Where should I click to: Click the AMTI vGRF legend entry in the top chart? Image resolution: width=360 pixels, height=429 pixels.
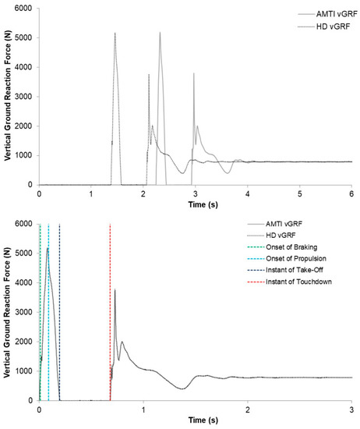tap(322, 14)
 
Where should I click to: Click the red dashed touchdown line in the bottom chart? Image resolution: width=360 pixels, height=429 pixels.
tap(110, 312)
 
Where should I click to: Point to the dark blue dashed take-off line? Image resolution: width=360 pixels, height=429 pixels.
tap(59, 312)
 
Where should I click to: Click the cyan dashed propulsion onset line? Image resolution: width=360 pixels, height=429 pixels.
tap(48, 312)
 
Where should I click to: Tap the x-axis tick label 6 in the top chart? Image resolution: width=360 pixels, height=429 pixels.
tap(351, 193)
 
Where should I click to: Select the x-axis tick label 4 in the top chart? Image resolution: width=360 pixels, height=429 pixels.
tap(247, 193)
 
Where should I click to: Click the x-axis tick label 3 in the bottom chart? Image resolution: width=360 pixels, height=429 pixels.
tap(351, 408)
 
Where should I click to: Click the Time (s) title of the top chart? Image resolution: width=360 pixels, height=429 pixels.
tap(195, 204)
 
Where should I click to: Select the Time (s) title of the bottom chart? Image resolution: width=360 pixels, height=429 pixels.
tap(195, 420)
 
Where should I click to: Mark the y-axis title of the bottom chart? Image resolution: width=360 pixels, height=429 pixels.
tap(7, 311)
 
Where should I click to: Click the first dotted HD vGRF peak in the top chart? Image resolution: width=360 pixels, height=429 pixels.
tap(115, 34)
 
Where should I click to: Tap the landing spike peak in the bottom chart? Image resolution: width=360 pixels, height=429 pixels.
tap(115, 290)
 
